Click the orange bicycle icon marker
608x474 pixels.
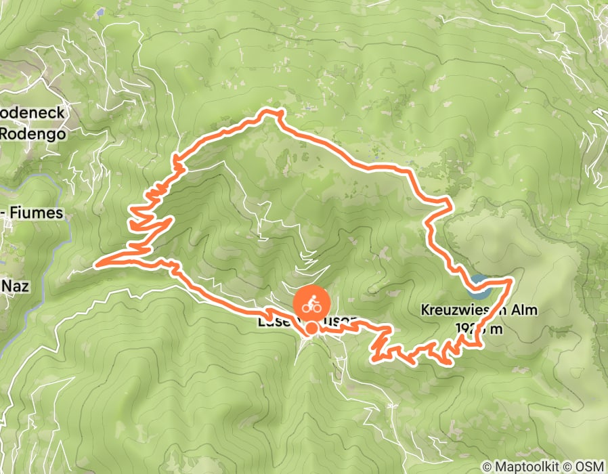click(x=311, y=304)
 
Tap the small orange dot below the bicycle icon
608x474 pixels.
click(x=311, y=329)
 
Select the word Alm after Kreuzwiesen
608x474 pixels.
click(x=525, y=311)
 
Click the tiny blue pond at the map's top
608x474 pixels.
click(x=100, y=12)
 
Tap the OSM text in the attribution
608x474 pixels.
click(x=590, y=467)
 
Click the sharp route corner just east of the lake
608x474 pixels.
click(x=512, y=278)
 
